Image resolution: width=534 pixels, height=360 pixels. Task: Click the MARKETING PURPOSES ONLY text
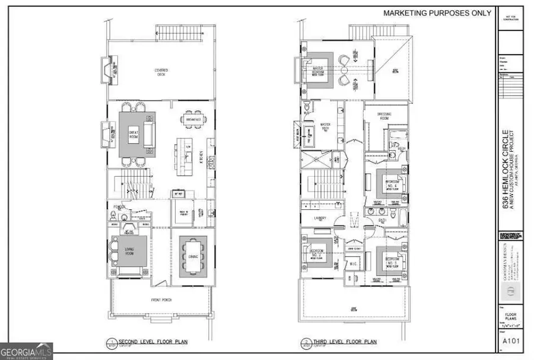[437, 12]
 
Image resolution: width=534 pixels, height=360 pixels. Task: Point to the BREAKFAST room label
[193, 120]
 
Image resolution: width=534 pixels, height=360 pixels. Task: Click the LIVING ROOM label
[129, 252]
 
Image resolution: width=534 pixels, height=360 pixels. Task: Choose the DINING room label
[193, 257]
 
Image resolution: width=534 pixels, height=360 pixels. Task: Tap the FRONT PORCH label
[161, 298]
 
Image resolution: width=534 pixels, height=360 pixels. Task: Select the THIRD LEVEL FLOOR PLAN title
[341, 342]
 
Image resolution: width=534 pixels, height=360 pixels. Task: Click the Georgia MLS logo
[27, 351]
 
